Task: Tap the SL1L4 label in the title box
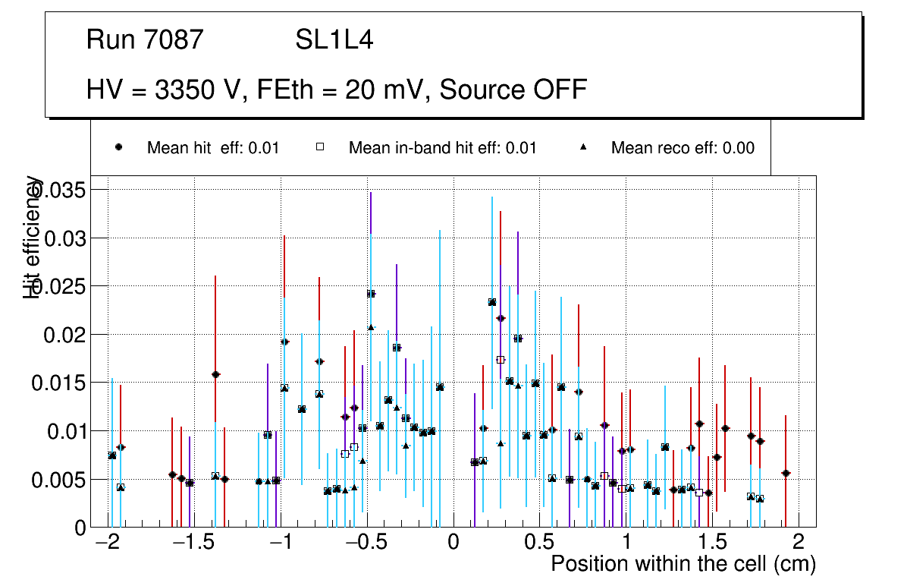click(334, 39)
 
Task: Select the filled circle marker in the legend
click(118, 147)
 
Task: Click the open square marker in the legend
click(320, 147)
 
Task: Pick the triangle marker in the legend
click(583, 147)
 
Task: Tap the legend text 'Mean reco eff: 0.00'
click(683, 148)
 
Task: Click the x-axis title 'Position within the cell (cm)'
click(683, 565)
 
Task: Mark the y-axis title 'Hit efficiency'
click(33, 237)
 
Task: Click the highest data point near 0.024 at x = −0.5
click(371, 294)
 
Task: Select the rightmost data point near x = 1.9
click(786, 473)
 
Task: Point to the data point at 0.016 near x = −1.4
click(215, 374)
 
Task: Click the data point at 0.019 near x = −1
click(284, 342)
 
